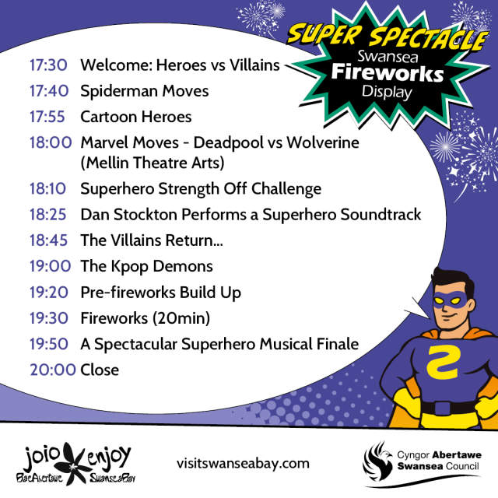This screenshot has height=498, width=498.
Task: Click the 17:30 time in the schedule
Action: (47, 65)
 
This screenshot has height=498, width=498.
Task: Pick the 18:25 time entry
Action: (47, 214)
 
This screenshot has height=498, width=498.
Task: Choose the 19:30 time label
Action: (47, 317)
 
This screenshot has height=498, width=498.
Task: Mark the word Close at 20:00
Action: (100, 370)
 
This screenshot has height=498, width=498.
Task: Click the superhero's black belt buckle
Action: (444, 407)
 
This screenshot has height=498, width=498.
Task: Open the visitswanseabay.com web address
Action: (243, 463)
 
